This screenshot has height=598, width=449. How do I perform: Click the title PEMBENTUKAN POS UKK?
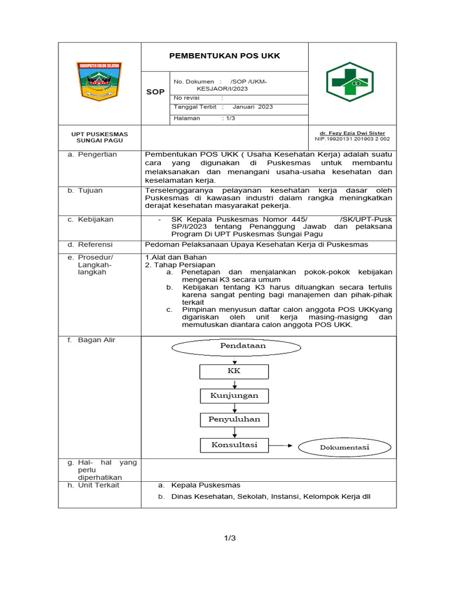pyautogui.click(x=224, y=56)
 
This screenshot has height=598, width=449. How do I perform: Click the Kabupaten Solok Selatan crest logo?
pyautogui.click(x=99, y=82)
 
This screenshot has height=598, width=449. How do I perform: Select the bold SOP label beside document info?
pyautogui.click(x=155, y=92)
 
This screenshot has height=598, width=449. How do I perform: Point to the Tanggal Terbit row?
pyautogui.click(x=223, y=107)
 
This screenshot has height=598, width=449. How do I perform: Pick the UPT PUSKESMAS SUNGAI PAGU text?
pyautogui.click(x=99, y=137)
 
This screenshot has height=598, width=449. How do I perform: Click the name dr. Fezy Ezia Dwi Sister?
pyautogui.click(x=352, y=133)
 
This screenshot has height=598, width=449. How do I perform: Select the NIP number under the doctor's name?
pyautogui.click(x=352, y=140)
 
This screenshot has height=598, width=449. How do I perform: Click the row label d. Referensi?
pyautogui.click(x=93, y=245)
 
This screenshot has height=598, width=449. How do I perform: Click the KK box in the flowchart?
pyautogui.click(x=234, y=371)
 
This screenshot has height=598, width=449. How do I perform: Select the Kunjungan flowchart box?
pyautogui.click(x=234, y=395)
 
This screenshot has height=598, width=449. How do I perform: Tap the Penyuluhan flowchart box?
pyautogui.click(x=234, y=419)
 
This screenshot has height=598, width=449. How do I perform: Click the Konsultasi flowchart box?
pyautogui.click(x=234, y=445)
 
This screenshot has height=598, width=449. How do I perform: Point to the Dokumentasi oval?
pyautogui.click(x=344, y=447)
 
